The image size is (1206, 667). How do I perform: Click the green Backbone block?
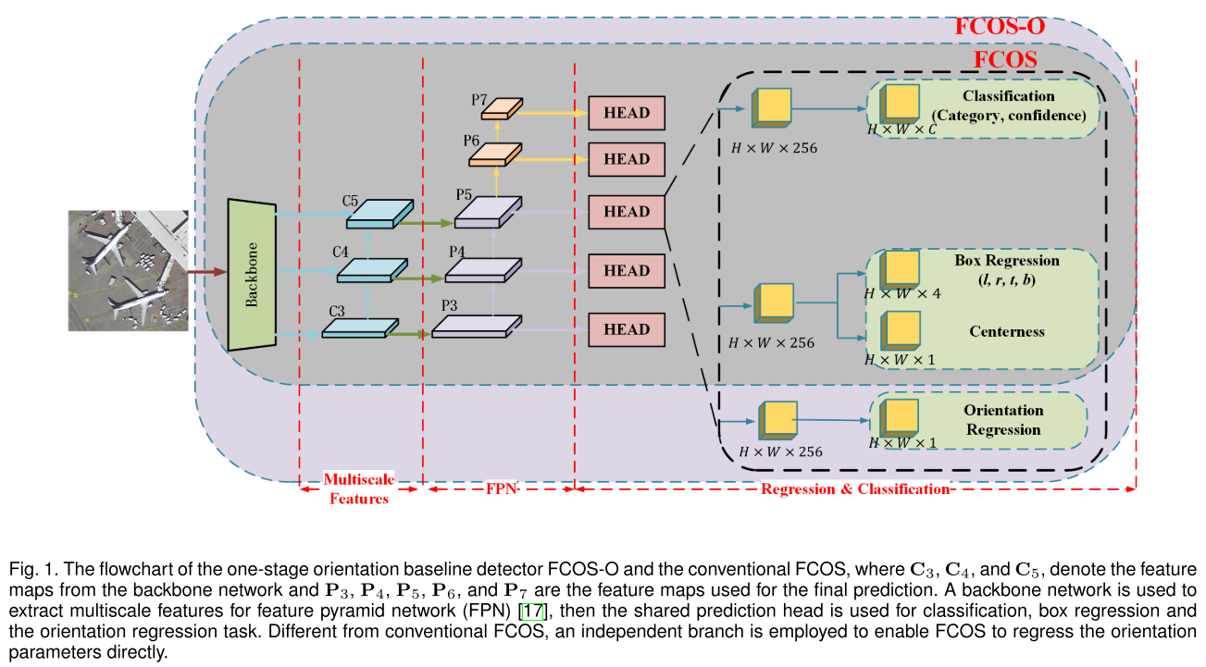[253, 274]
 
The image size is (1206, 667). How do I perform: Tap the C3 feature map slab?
[360, 328]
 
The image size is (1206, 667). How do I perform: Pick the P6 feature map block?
[496, 153]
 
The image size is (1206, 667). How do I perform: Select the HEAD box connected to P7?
[627, 113]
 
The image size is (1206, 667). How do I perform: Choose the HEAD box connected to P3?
[627, 329]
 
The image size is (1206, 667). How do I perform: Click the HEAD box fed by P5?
[627, 212]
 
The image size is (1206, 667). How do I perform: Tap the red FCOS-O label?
[1000, 27]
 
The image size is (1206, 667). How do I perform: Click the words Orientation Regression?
[1003, 420]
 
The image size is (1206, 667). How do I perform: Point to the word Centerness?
[1006, 331]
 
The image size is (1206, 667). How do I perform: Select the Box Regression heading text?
[1007, 261]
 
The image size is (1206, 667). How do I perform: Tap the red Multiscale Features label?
[359, 489]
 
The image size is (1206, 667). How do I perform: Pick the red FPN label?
[500, 489]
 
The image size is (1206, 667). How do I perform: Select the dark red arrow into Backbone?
[207, 272]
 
